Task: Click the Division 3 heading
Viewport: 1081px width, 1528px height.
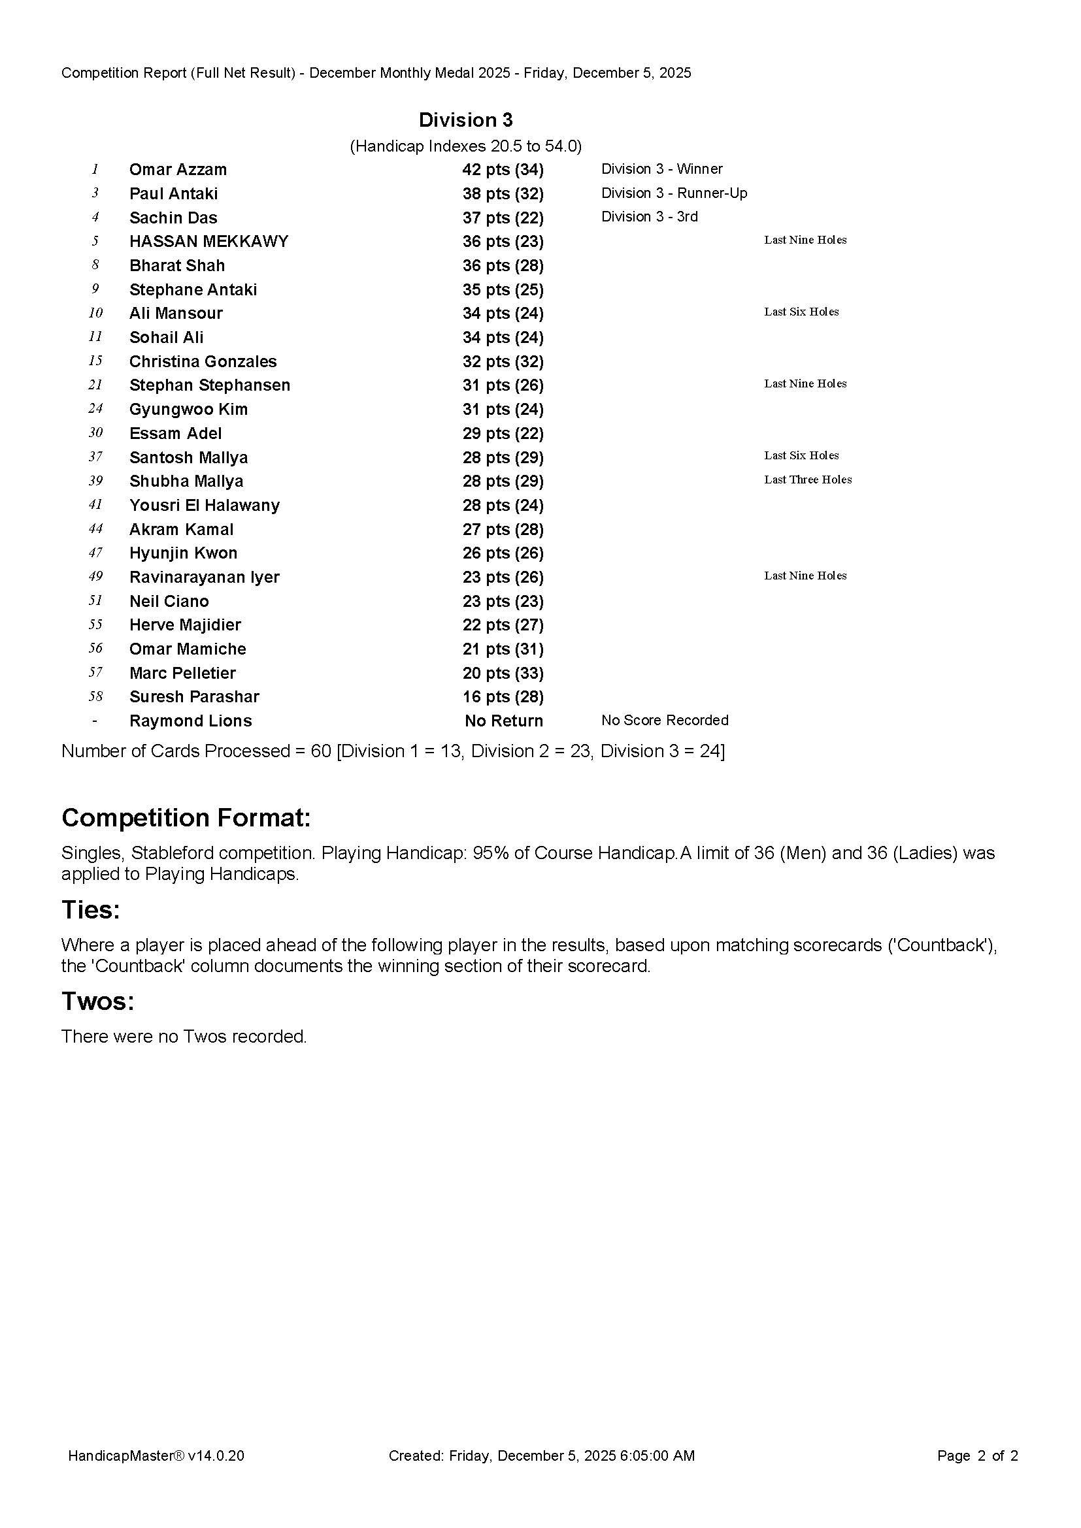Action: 465,120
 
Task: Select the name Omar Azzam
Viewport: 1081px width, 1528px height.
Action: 178,170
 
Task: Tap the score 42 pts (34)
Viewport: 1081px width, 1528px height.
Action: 503,170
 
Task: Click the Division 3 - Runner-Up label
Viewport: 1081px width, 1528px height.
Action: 674,193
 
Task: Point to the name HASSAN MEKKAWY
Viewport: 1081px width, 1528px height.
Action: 208,242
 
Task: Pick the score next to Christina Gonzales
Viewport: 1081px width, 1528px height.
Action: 503,361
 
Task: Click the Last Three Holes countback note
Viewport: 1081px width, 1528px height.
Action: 807,480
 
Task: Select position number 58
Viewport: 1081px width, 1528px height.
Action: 95,697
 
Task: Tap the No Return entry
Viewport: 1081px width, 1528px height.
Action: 503,721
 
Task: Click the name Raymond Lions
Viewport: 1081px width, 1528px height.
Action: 190,721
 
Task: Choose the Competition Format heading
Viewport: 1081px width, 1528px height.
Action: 186,818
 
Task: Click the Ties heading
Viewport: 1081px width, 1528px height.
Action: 91,910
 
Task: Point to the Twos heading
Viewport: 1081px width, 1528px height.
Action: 98,1001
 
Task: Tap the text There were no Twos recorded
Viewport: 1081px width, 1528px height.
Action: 184,1036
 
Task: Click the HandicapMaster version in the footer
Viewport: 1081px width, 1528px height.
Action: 156,1455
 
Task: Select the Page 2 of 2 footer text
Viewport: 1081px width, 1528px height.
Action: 977,1455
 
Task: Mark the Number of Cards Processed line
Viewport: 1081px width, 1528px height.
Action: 393,751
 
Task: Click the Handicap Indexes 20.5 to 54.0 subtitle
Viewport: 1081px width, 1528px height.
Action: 465,146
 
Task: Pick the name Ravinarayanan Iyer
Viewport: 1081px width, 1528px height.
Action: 204,577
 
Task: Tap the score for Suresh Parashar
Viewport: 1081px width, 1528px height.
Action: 503,697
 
